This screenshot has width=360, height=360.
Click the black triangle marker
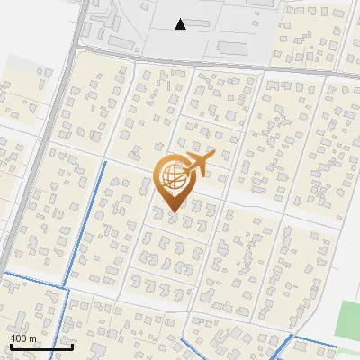181,24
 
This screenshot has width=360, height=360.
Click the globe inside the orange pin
171,176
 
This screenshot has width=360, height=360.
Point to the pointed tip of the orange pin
172,212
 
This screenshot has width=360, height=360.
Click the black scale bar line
41,346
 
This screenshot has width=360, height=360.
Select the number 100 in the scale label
19,338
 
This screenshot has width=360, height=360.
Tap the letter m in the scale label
32,338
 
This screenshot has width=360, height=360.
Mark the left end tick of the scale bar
11,345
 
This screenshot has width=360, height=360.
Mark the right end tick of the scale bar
72,345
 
